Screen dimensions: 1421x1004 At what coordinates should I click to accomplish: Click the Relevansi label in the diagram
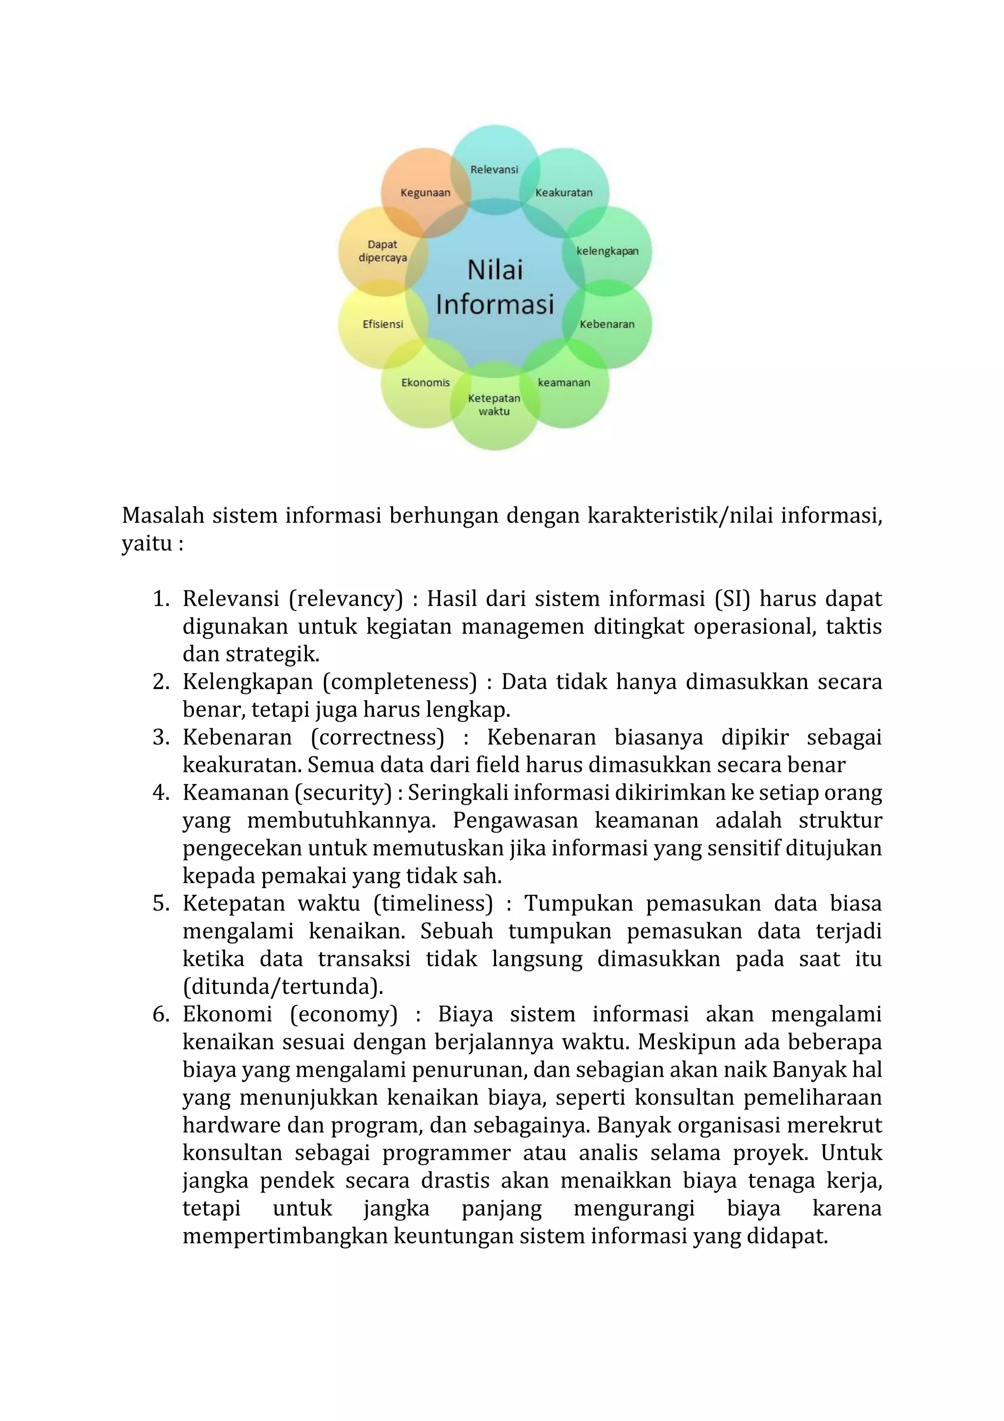494,170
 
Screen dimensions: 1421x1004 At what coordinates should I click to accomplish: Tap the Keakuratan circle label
564,193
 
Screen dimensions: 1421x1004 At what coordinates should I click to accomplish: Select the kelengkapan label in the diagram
607,251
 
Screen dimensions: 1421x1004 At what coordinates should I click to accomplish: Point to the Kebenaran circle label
606,324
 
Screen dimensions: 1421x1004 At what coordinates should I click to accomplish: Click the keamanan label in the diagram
564,382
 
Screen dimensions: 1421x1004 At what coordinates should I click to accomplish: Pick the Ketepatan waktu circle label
494,405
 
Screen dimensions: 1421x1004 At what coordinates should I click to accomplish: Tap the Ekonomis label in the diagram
426,382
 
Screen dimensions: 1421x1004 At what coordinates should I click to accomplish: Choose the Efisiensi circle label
382,324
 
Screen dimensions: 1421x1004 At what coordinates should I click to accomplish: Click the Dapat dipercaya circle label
382,251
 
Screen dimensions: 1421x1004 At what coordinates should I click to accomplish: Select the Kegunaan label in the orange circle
425,193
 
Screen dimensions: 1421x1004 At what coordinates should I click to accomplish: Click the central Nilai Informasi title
495,287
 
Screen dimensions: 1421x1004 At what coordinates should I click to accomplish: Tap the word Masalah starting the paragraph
163,515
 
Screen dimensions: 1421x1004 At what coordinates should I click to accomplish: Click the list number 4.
161,792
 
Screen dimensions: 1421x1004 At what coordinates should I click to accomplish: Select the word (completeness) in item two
400,682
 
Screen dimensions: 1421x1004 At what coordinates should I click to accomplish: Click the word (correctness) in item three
377,737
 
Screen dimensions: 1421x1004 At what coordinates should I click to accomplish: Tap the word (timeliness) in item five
432,903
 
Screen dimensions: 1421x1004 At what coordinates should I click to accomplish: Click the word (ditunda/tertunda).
283,987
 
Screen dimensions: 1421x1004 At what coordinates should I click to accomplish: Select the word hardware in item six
231,1124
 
